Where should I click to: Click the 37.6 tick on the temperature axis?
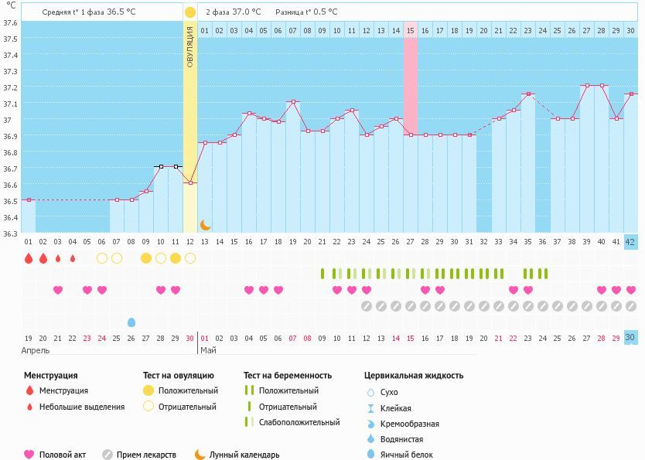point(11,22)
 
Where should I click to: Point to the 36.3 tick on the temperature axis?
point(11,233)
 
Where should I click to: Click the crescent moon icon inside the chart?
point(205,224)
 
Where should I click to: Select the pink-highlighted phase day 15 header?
point(411,31)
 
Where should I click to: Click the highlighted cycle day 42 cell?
point(630,242)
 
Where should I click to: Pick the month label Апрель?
point(35,350)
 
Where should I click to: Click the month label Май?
point(209,350)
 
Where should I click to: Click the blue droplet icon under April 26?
point(131,322)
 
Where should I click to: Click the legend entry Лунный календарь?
point(241,455)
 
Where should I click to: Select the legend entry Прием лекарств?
point(147,455)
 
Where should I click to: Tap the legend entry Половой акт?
point(63,455)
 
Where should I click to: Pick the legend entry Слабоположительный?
point(299,422)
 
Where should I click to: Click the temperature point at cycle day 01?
point(28,200)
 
